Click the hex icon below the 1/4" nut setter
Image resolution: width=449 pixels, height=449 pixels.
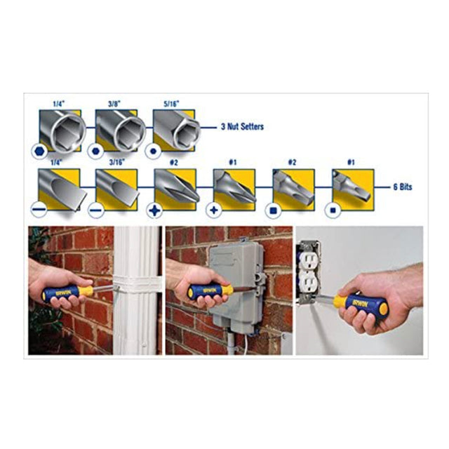point(36,151)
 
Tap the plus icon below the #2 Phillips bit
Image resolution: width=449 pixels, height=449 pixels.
point(154,210)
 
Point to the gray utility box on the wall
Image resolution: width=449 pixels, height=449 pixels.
point(236,281)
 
